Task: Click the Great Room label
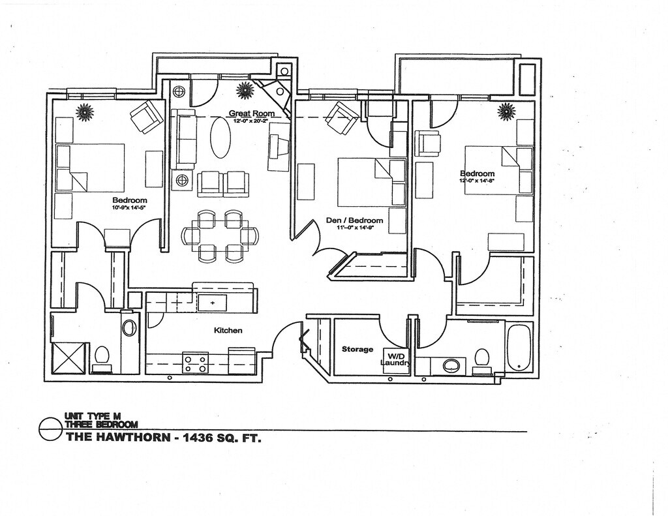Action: click(x=251, y=114)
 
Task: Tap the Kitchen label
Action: click(x=228, y=331)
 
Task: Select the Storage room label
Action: click(x=357, y=350)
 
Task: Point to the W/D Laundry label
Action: click(x=395, y=359)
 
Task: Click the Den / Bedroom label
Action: click(x=354, y=220)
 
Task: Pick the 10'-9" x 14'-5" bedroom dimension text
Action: click(x=129, y=208)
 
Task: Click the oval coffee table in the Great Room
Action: click(x=220, y=138)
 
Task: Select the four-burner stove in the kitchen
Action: click(x=194, y=363)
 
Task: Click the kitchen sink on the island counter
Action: click(x=212, y=303)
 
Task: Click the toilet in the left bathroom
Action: click(x=102, y=357)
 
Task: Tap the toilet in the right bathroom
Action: click(x=482, y=359)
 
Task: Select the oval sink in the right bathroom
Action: click(x=451, y=365)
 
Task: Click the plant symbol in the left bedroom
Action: click(x=85, y=112)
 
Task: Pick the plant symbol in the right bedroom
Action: click(x=506, y=112)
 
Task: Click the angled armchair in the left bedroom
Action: click(x=147, y=117)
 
